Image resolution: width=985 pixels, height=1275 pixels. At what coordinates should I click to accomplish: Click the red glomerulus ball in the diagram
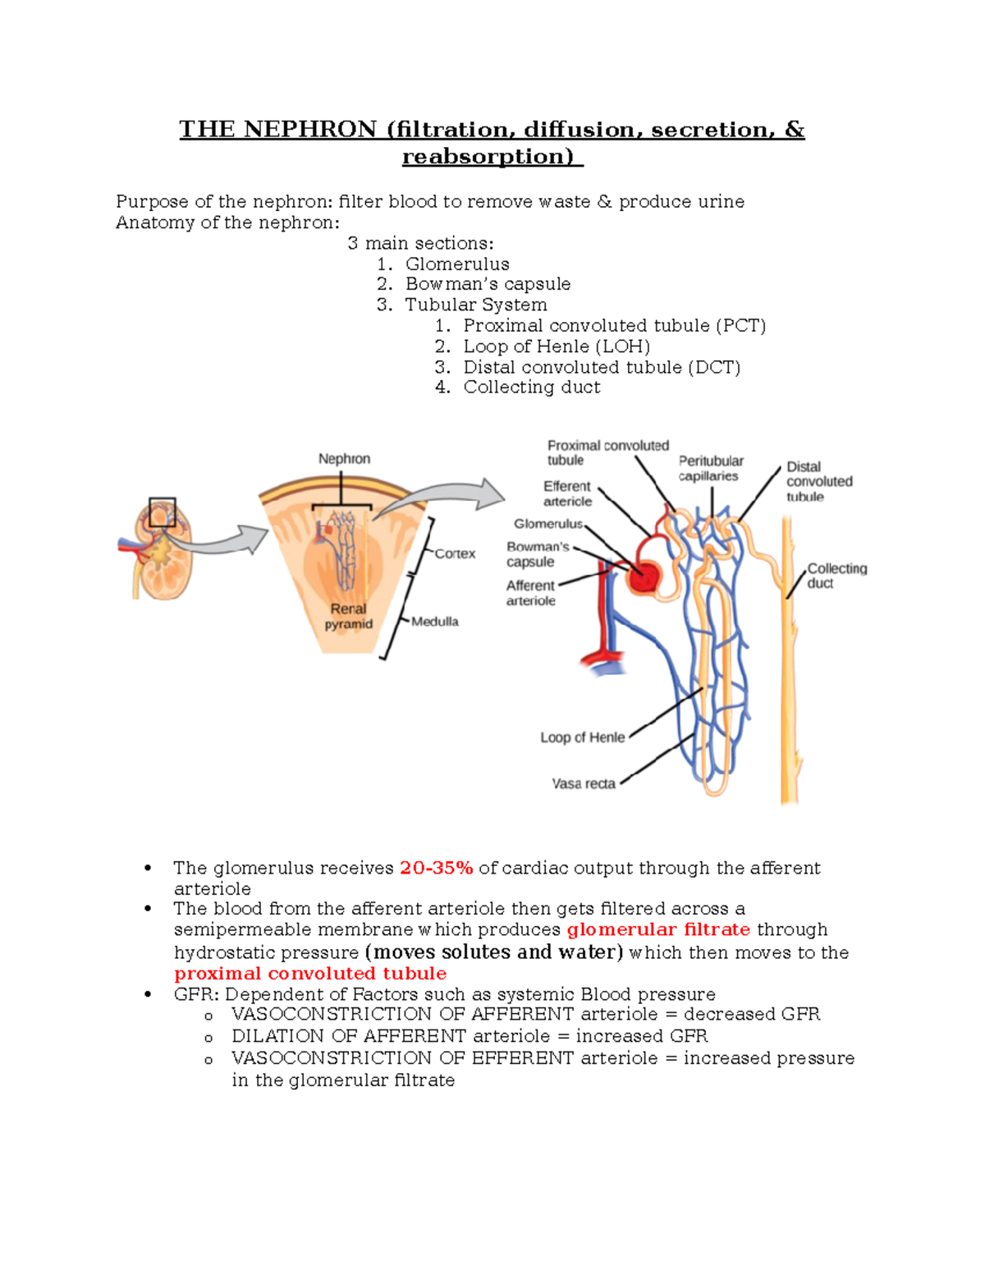pyautogui.click(x=643, y=577)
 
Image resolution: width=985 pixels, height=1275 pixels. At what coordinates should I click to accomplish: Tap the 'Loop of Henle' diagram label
pyautogui.click(x=582, y=737)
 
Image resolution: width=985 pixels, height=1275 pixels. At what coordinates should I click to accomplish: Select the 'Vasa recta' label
pyautogui.click(x=584, y=784)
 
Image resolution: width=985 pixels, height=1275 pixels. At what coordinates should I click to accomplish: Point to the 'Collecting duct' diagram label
pyautogui.click(x=836, y=576)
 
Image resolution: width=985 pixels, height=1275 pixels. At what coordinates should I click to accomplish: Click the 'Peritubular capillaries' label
pyautogui.click(x=710, y=468)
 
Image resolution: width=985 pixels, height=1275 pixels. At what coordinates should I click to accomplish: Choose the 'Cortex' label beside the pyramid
pyautogui.click(x=455, y=553)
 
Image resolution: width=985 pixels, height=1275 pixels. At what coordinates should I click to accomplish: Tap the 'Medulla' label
pyautogui.click(x=435, y=621)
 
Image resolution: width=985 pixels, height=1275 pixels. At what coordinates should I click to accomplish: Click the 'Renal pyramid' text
pyautogui.click(x=348, y=617)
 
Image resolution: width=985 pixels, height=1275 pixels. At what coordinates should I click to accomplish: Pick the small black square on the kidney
pyautogui.click(x=162, y=512)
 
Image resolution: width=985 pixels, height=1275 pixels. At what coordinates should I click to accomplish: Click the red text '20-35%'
pyautogui.click(x=436, y=868)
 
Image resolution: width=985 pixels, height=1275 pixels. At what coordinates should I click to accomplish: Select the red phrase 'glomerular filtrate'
pyautogui.click(x=658, y=929)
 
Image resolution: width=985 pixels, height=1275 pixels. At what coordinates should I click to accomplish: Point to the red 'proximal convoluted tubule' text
pyautogui.click(x=310, y=974)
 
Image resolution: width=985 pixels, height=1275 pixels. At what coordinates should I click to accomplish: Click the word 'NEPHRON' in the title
pyautogui.click(x=310, y=130)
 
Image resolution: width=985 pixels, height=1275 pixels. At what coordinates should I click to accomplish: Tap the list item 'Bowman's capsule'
pyautogui.click(x=488, y=284)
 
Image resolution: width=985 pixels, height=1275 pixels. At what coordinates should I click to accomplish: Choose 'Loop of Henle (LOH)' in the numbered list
pyautogui.click(x=557, y=346)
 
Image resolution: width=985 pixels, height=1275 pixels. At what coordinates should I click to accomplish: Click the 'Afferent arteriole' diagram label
pyautogui.click(x=530, y=593)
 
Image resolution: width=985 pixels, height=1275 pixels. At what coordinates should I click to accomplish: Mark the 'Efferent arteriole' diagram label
pyautogui.click(x=566, y=493)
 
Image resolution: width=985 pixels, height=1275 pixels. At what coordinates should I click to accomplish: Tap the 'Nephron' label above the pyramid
pyautogui.click(x=344, y=459)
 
